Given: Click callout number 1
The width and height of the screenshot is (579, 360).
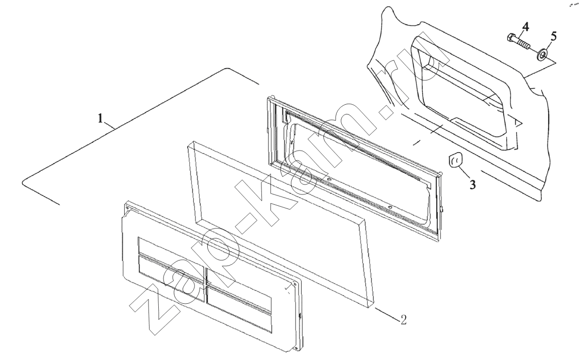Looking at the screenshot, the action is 100,119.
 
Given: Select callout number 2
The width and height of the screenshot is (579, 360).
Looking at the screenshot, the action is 404,319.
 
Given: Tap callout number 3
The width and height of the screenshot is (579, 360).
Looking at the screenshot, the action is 473,184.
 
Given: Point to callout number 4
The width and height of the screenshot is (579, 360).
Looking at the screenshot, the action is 525,26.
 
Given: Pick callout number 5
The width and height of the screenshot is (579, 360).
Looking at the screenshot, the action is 554,36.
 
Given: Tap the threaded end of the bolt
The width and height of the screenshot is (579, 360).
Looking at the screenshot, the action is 525,45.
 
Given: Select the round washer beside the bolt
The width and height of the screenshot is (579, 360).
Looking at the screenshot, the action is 542,55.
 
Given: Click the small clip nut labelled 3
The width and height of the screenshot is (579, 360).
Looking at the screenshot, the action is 454,161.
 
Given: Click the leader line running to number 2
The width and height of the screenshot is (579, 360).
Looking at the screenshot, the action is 386,313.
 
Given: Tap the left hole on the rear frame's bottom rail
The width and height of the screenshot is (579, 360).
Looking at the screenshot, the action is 328,181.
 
